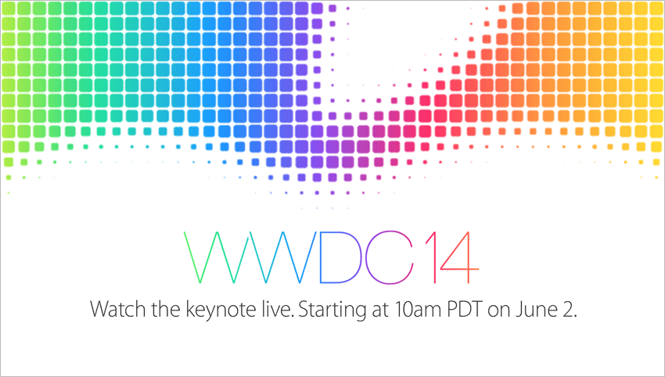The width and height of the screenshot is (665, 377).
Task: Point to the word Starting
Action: [x=332, y=311]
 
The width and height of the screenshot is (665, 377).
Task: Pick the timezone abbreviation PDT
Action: [x=465, y=309]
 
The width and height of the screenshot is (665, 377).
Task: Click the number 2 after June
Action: [x=568, y=309]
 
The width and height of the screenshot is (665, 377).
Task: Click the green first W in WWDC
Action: [x=217, y=257]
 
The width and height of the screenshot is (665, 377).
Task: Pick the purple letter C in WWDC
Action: [x=367, y=257]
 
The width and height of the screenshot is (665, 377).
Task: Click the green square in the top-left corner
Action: [x=9, y=9]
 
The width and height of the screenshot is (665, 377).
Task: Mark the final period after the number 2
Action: [x=576, y=317]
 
